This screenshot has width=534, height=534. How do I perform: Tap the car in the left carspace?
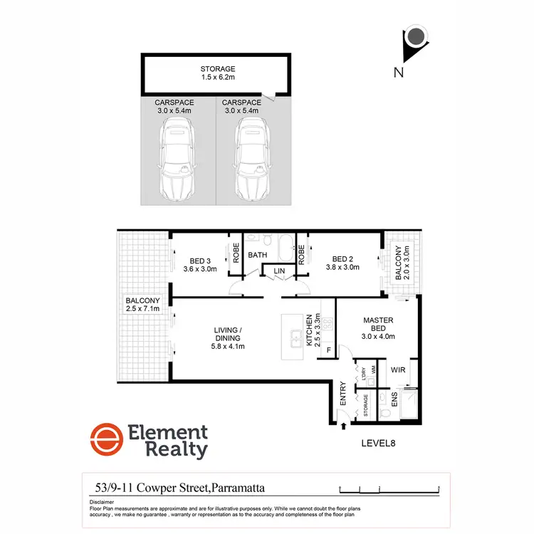click(x=175, y=158)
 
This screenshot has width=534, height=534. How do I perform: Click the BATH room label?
click(x=257, y=253)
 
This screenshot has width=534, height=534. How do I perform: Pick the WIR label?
click(x=397, y=370)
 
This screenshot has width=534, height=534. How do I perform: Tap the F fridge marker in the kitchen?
click(x=329, y=350)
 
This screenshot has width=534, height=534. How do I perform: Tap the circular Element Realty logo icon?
click(x=104, y=441)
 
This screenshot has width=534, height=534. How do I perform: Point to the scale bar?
click(x=390, y=489)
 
